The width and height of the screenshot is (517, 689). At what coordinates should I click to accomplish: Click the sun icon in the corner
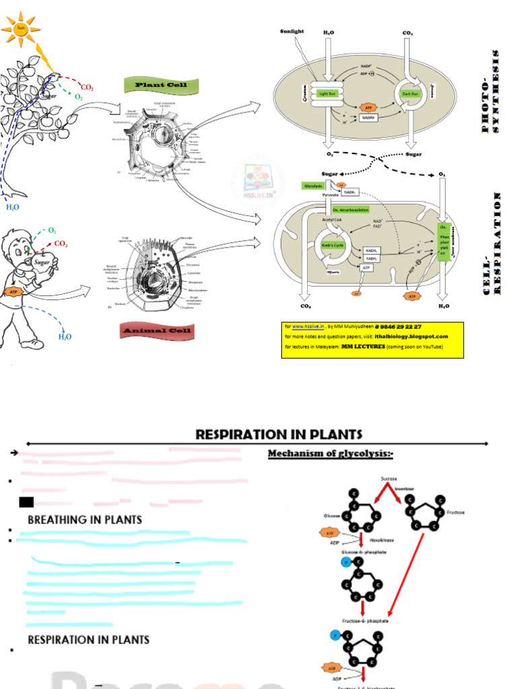pyautogui.click(x=20, y=29)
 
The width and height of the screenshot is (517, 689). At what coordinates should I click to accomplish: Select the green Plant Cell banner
pyautogui.click(x=160, y=85)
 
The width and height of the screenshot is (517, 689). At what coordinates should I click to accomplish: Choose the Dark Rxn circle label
pyautogui.click(x=410, y=94)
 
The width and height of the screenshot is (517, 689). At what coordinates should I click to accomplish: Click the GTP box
pyautogui.click(x=367, y=268)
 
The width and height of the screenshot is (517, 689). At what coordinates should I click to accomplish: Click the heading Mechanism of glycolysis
pyautogui.click(x=330, y=454)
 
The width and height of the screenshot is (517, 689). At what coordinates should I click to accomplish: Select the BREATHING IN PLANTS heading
pyautogui.click(x=85, y=519)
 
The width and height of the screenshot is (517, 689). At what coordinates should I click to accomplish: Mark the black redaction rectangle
pyautogui.click(x=26, y=501)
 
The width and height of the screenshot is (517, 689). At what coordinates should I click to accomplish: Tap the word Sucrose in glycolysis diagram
pyautogui.click(x=389, y=478)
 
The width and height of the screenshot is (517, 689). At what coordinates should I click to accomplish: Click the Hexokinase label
pyautogui.click(x=382, y=540)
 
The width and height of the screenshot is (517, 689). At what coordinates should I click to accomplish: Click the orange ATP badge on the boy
pyautogui.click(x=13, y=292)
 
